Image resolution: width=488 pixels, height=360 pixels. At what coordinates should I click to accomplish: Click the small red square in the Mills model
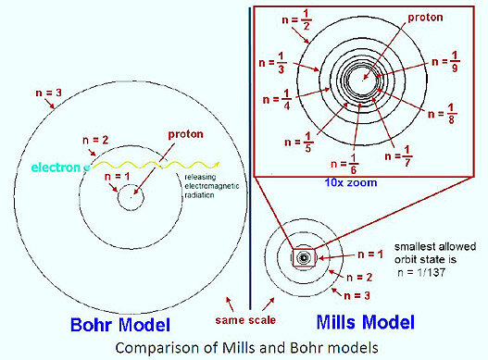tap(303, 256)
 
